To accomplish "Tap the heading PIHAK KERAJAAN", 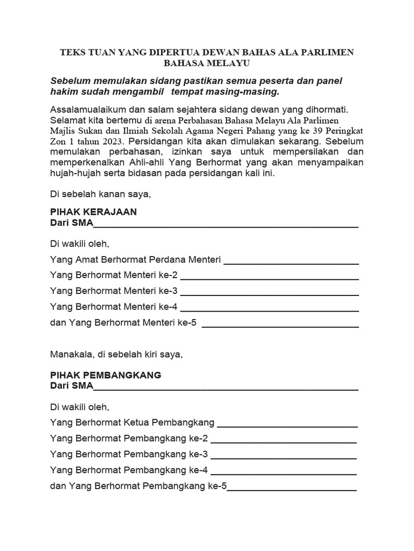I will click(x=93, y=212).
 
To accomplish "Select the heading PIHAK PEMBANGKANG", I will click(x=105, y=375).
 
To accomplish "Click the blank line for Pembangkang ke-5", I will click(x=292, y=489).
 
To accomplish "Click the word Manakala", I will click(x=72, y=355).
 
